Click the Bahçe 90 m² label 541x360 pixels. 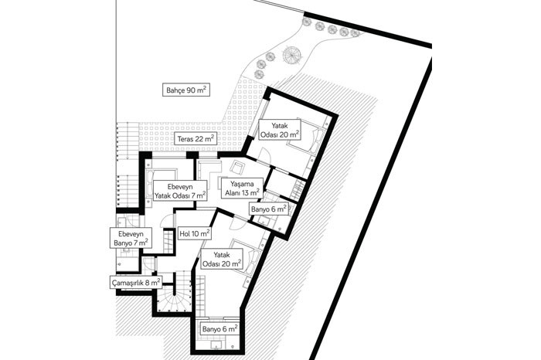pos(186,90)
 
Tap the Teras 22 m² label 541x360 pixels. pos(196,139)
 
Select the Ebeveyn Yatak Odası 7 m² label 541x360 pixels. pos(180,191)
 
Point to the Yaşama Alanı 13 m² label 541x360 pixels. pos(242,188)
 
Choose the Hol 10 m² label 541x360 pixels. pos(194,234)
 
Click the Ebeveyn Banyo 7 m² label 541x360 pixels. pos(131,238)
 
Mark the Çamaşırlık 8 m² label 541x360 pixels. pos(136,283)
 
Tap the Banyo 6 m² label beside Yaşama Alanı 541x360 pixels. pos(269,209)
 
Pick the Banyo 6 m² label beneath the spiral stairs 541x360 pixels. pos(219,329)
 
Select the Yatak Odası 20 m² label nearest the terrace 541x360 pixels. pos(280,130)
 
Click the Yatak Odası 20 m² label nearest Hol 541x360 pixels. pos(222,260)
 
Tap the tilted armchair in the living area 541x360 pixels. pos(238,168)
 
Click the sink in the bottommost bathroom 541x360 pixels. pos(217,345)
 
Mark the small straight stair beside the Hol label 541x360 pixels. pos(168,241)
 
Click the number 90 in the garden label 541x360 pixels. pos(191,90)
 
